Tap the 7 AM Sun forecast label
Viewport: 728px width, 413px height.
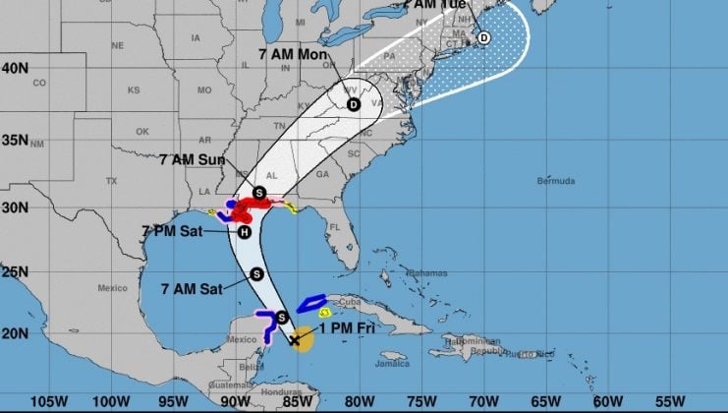192,159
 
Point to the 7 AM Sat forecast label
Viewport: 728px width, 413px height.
193,288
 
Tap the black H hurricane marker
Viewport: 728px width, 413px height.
245,233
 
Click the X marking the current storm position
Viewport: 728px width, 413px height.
294,341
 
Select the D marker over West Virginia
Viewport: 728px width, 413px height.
353,103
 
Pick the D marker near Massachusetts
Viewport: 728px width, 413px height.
482,37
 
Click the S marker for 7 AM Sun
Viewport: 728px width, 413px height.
258,193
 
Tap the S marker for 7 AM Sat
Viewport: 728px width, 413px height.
256,274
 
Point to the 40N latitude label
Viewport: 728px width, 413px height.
14,68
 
